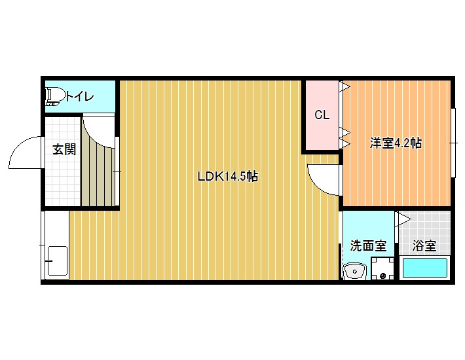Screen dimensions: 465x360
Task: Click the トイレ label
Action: click(79, 97)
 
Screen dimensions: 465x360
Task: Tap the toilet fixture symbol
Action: click(55, 96)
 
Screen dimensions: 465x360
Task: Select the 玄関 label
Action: click(64, 149)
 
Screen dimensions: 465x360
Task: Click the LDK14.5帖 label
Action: click(227, 177)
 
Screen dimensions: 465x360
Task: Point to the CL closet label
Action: click(322, 115)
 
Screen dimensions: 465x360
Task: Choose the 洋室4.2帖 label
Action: click(396, 143)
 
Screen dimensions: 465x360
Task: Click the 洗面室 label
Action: click(368, 245)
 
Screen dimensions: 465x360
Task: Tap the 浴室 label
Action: click(424, 245)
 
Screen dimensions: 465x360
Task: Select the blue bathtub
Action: click(424, 268)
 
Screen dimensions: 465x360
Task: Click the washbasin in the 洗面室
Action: click(355, 271)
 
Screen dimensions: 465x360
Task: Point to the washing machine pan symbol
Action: click(382, 268)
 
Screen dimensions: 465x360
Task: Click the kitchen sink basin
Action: click(57, 261)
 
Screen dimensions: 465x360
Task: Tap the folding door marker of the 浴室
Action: click(403, 219)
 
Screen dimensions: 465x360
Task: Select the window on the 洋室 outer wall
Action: click(453, 143)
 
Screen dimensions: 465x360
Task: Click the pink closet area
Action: click(322, 115)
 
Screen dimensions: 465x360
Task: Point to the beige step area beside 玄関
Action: click(98, 175)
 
